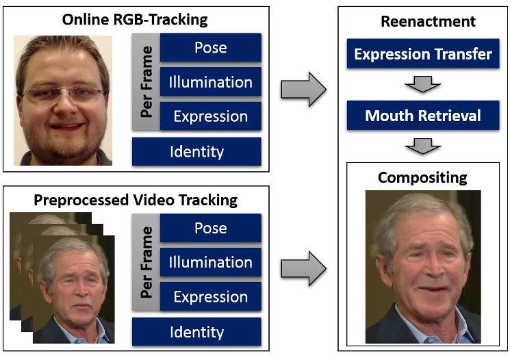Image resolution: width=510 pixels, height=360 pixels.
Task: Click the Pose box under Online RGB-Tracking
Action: [210, 48]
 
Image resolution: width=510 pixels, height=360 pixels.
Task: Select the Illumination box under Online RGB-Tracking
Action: [210, 82]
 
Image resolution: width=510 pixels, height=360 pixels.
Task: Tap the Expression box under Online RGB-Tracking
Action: [210, 116]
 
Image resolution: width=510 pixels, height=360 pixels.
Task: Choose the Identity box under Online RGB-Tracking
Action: [196, 151]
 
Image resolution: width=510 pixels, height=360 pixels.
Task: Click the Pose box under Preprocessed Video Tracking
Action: [210, 228]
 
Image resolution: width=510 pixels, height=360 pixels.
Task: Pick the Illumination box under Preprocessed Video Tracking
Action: [210, 262]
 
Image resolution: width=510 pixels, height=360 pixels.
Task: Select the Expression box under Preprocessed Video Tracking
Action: [210, 296]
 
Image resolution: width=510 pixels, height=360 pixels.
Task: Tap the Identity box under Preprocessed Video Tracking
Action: [196, 332]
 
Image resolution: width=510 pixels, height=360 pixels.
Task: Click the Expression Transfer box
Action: [422, 54]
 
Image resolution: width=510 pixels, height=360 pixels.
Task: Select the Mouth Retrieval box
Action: [422, 115]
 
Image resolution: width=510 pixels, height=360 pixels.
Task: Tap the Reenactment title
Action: [428, 22]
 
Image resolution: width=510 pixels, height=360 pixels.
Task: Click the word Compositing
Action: [422, 178]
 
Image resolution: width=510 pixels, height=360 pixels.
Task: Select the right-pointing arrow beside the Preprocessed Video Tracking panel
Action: [303, 268]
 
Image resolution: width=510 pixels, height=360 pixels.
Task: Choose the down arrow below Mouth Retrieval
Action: [422, 146]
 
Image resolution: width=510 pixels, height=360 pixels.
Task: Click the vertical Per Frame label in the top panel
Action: [146, 82]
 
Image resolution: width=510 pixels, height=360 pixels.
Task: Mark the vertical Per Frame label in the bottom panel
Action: [146, 262]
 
